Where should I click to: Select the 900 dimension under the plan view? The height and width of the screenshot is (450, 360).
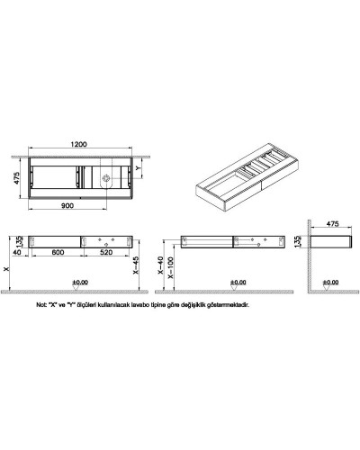coord(68,206)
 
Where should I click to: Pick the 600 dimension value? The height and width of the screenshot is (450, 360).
coord(57,253)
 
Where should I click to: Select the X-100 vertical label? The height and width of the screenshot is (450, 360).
coord(170,269)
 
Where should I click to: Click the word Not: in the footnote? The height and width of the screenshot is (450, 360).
coord(39,305)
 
